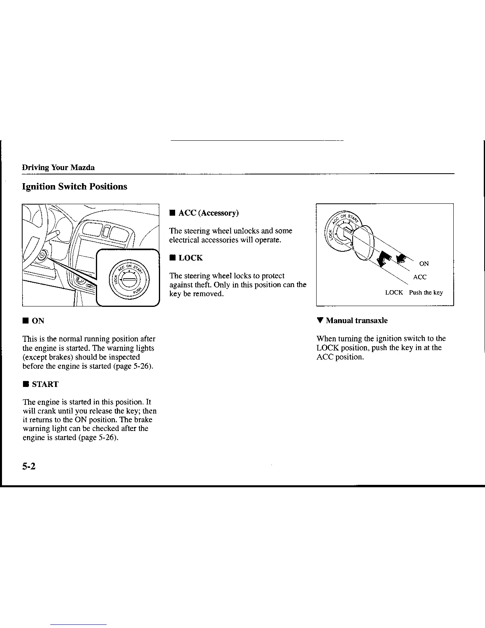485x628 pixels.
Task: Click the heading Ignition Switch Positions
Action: [x=74, y=187]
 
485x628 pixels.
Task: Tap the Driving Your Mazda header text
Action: [x=58, y=167]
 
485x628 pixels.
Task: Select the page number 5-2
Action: [x=29, y=467]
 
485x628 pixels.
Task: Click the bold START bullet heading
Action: [x=45, y=384]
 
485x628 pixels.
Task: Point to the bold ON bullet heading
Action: [x=38, y=321]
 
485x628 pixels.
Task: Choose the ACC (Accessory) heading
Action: [x=208, y=213]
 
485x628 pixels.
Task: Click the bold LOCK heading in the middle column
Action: [x=191, y=258]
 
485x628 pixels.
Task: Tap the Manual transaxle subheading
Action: [x=357, y=320]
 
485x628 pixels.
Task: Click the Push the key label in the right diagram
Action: [x=426, y=293]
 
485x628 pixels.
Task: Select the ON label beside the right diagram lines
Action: [x=424, y=264]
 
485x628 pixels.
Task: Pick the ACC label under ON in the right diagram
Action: [x=420, y=277]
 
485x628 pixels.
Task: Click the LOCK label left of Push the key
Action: [x=394, y=293]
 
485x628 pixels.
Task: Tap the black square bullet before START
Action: [x=25, y=384]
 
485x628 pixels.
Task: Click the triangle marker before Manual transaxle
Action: [x=319, y=320]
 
